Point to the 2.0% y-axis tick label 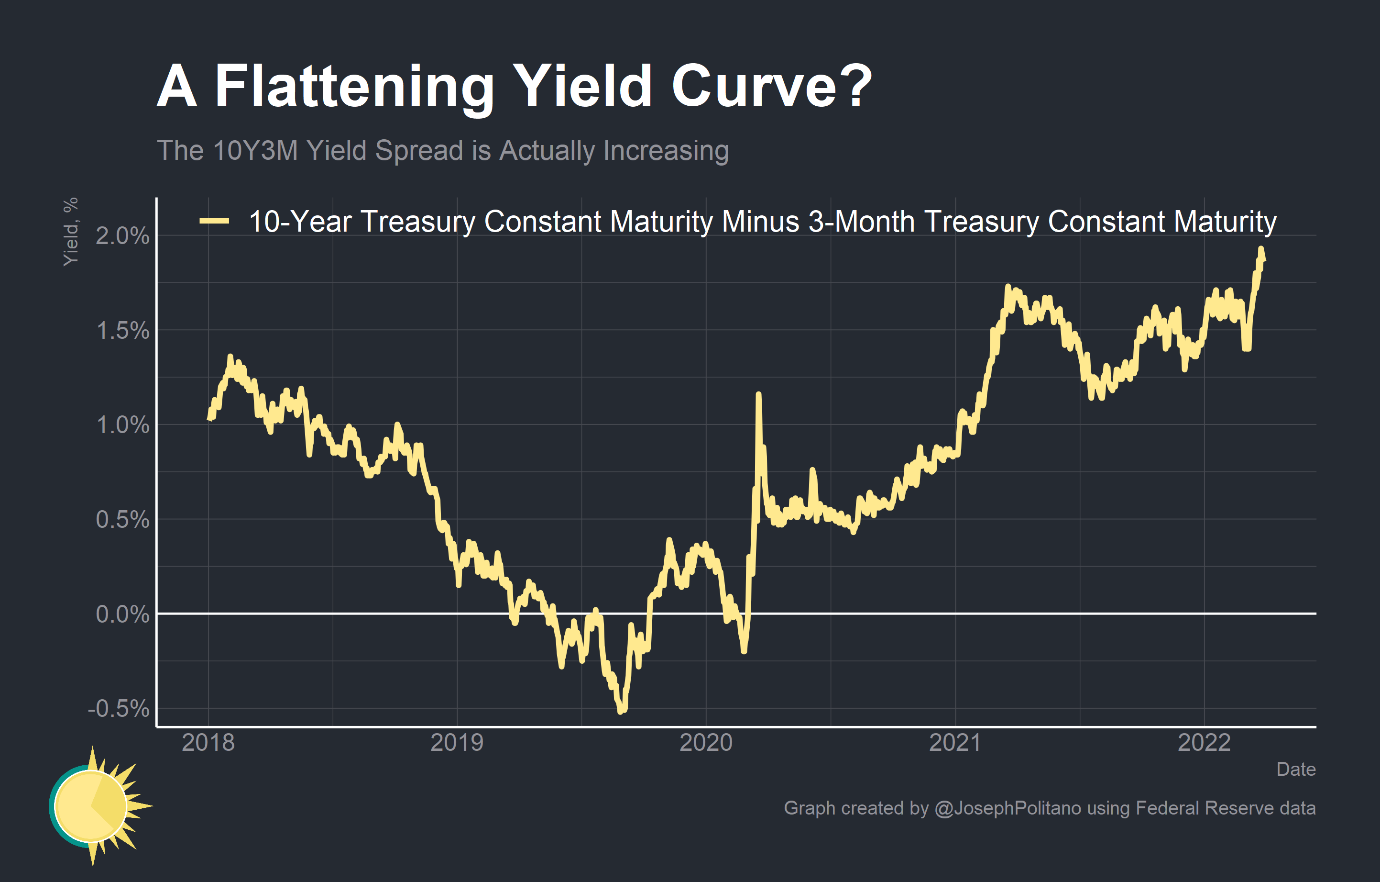pyautogui.click(x=122, y=236)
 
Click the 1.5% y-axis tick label pyautogui.click(x=122, y=330)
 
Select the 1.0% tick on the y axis pyautogui.click(x=122, y=425)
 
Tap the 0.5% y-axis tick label pyautogui.click(x=122, y=520)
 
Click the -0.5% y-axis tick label pyautogui.click(x=118, y=709)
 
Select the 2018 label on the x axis pyautogui.click(x=208, y=743)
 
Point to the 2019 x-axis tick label pyautogui.click(x=457, y=743)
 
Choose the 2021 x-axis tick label pyautogui.click(x=955, y=743)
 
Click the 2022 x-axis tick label pyautogui.click(x=1204, y=743)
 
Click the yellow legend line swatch pyautogui.click(x=214, y=221)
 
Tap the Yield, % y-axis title pyautogui.click(x=70, y=232)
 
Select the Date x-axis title pyautogui.click(x=1296, y=769)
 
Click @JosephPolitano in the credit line pyautogui.click(x=1008, y=808)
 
